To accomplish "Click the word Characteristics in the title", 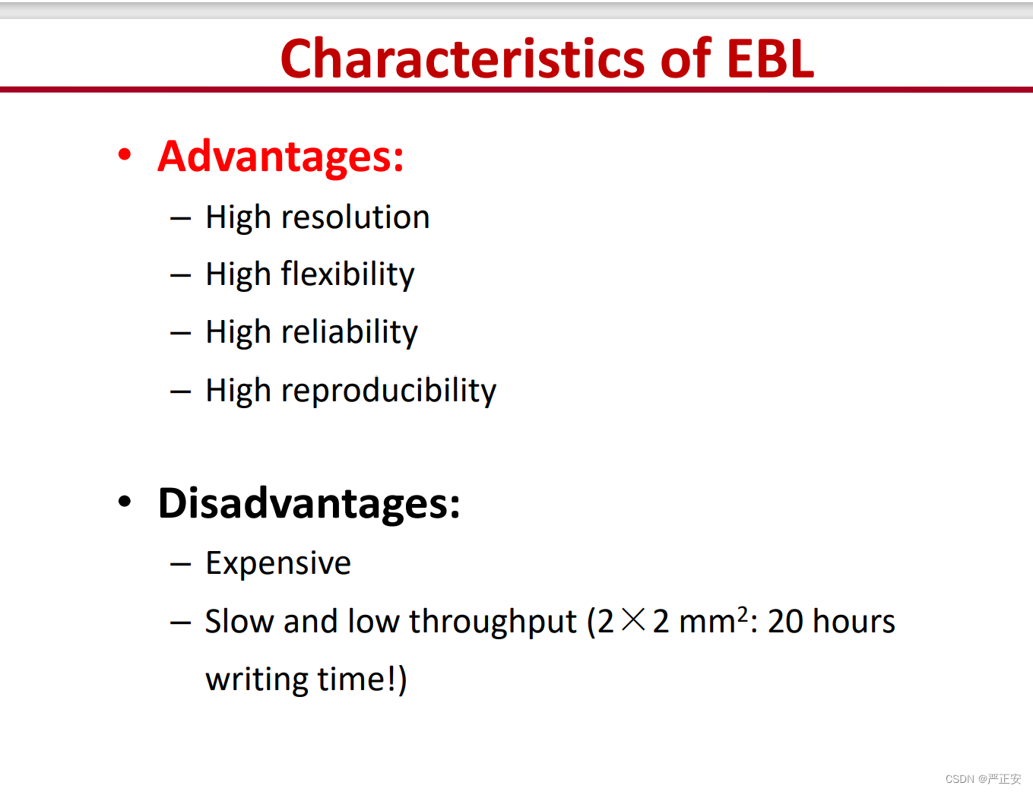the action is point(462,59).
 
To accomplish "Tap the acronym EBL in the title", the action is point(771,59).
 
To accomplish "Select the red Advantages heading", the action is point(280,157).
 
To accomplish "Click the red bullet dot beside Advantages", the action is point(125,154).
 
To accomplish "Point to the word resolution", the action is point(356,217).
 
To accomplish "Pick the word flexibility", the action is point(347,274).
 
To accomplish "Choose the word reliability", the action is point(350,332).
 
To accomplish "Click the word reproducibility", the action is point(388,390).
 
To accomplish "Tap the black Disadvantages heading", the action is point(309,503).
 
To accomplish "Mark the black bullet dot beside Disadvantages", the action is point(125,501).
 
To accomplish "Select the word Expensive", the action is point(278,563).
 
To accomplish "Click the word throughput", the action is point(493,622).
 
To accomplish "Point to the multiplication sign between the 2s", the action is point(633,620).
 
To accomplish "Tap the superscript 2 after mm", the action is point(743,613).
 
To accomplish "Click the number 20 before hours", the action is point(786,621).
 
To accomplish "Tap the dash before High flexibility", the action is point(181,275).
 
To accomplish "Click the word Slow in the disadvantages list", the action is point(239,621).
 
